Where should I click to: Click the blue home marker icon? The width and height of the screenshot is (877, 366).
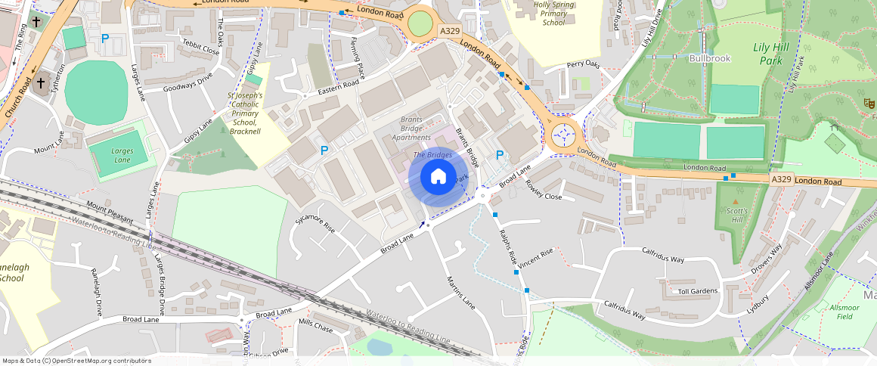click(x=438, y=177)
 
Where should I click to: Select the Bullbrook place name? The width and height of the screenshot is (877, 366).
click(x=709, y=57)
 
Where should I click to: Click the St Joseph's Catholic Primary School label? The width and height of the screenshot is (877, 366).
click(x=244, y=113)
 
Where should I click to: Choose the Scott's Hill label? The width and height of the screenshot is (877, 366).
click(x=734, y=216)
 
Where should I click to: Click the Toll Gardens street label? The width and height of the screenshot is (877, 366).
click(x=697, y=291)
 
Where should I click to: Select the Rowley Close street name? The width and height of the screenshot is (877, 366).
click(x=543, y=190)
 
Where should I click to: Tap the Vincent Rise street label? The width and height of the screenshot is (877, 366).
click(x=536, y=255)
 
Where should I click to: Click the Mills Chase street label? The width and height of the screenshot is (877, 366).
click(x=315, y=325)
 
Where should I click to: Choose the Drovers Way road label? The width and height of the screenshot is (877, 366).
click(x=766, y=259)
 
